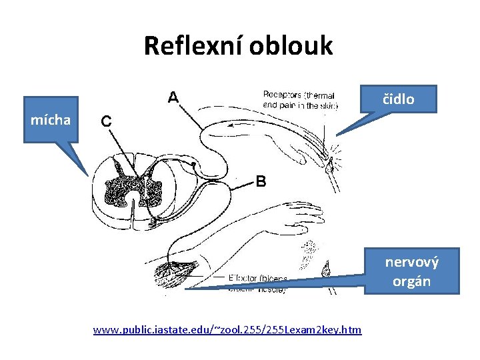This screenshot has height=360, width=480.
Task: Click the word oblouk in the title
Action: (x=291, y=46)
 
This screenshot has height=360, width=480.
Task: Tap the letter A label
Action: (x=172, y=97)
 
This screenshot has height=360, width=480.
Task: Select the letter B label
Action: (x=261, y=181)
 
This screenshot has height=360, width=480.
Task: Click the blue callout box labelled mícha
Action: (x=51, y=120)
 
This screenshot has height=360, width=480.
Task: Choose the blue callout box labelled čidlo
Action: (x=398, y=99)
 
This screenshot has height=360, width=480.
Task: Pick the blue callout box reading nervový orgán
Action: (x=411, y=271)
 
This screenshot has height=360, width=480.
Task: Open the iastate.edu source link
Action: (x=227, y=329)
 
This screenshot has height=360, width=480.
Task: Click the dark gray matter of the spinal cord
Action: (x=133, y=183)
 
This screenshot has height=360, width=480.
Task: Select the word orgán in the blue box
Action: (x=411, y=281)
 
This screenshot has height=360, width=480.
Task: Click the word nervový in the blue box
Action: (x=411, y=261)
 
